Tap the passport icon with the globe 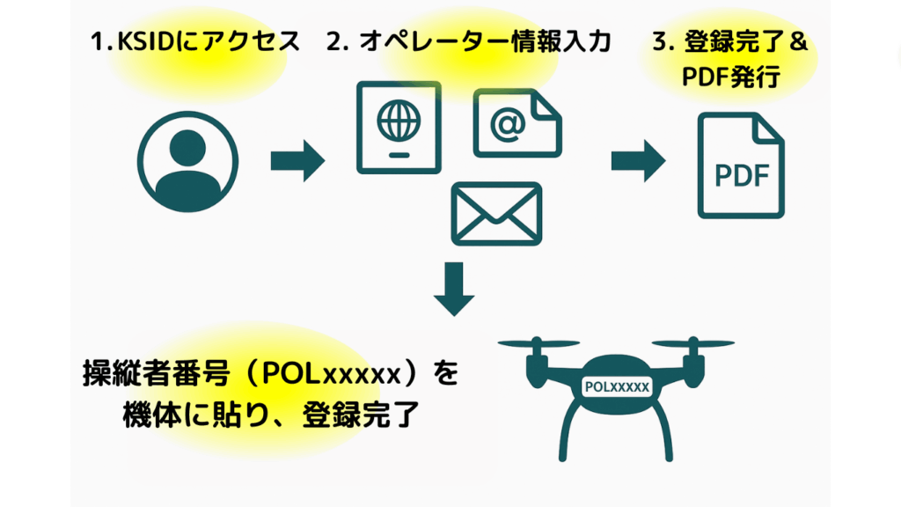tap(398, 128)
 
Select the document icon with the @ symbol tap(516, 123)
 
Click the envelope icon tap(495, 214)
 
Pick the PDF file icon tap(740, 166)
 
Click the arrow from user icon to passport tap(297, 162)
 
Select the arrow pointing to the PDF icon tap(637, 162)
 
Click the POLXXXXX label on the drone tap(616, 386)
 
